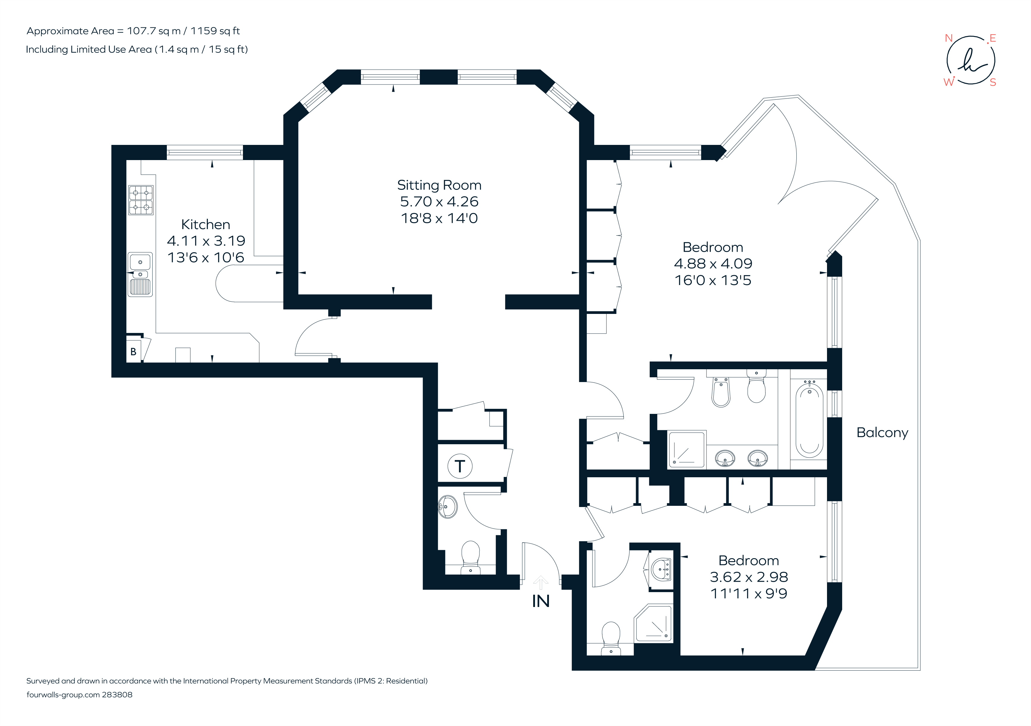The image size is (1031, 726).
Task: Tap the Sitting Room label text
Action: tap(439, 185)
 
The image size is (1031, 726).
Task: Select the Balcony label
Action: tap(882, 433)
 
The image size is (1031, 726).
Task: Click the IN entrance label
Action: tap(541, 601)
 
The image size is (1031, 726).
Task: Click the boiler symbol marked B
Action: tap(133, 351)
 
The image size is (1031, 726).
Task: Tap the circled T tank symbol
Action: tap(460, 466)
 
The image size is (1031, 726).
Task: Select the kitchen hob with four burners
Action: tap(141, 200)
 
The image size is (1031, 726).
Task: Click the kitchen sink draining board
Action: tap(141, 287)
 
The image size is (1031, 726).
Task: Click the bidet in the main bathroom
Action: tap(721, 391)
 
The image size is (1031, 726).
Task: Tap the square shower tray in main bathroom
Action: tap(687, 449)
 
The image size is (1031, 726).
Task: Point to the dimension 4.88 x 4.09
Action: tap(713, 264)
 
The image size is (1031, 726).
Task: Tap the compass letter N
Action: tap(949, 38)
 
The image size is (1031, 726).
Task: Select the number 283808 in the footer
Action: tap(117, 694)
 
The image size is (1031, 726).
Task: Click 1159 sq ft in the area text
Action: tap(215, 31)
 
